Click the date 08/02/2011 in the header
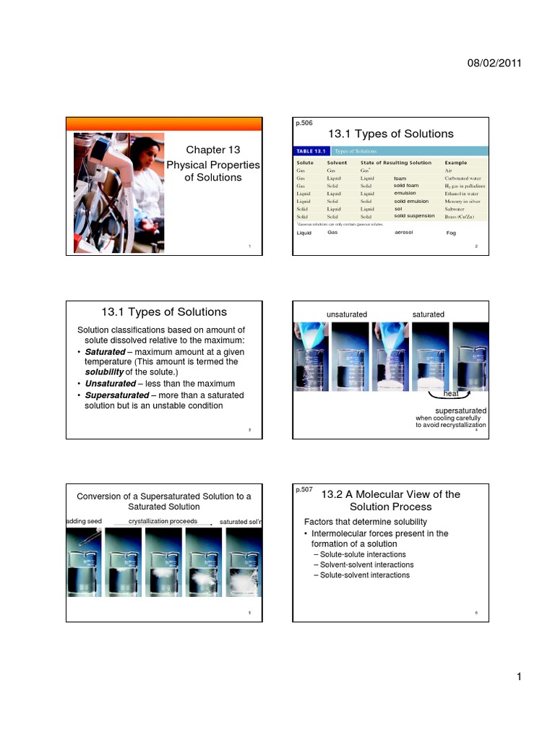495,64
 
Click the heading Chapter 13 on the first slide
212,150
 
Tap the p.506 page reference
304,124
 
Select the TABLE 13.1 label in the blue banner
311,151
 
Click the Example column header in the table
455,163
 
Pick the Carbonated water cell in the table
463,178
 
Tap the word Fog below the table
452,233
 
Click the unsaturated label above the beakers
347,314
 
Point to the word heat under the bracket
452,394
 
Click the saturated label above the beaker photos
428,314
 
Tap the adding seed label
85,521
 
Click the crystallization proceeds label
163,520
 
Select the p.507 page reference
304,489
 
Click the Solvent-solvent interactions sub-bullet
367,564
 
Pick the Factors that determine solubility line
365,522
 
